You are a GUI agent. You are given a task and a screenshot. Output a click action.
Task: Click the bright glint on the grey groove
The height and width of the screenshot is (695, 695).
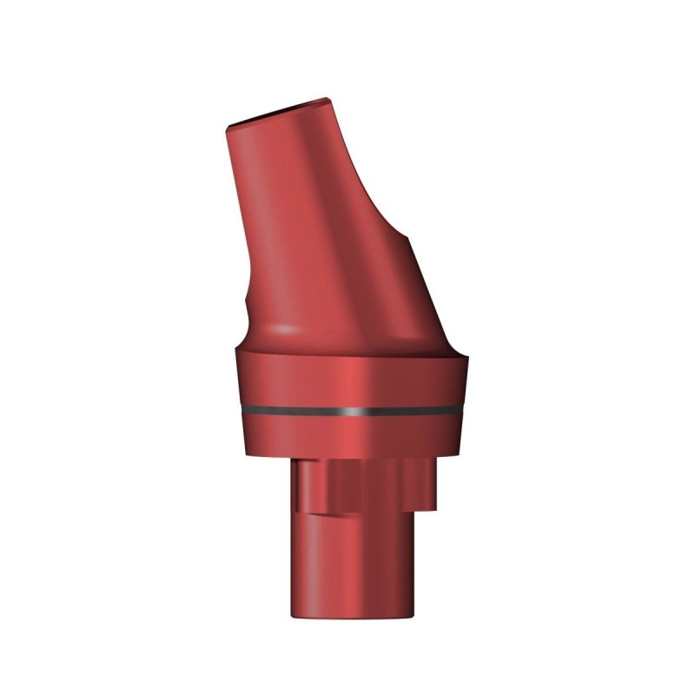[347, 407]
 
